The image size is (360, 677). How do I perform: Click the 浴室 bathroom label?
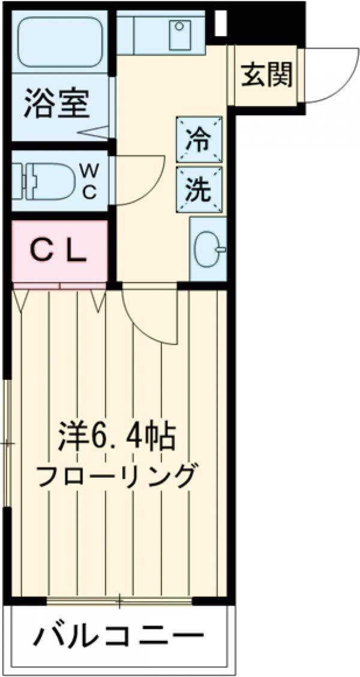(57, 103)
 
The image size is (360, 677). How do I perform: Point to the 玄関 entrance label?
(267, 74)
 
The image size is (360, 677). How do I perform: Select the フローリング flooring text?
(117, 477)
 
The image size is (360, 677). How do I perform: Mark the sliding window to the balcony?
(119, 600)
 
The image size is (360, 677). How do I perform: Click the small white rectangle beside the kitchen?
(220, 23)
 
